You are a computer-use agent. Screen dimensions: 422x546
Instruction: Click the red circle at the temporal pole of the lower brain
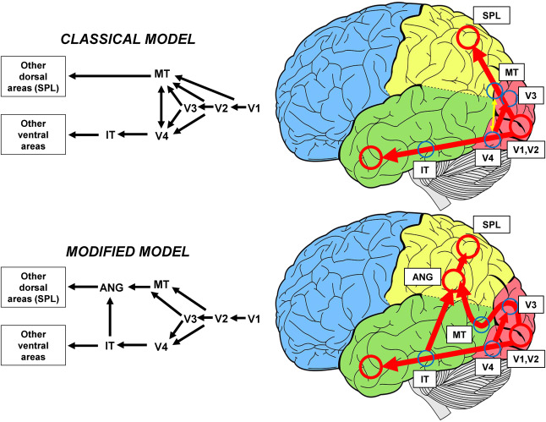[x=369, y=368]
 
